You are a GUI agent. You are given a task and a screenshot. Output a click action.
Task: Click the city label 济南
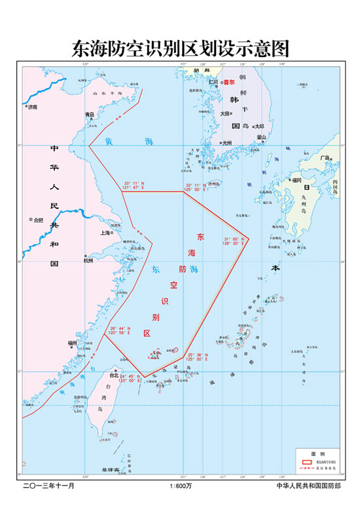[33, 106]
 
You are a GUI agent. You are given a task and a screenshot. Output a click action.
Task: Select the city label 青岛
[90, 114]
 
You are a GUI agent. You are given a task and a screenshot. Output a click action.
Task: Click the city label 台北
[115, 375]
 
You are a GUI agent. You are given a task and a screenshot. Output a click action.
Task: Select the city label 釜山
[262, 137]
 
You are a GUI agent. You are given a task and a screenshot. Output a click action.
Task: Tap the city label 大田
[225, 113]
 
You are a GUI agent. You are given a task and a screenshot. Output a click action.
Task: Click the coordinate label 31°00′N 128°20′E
[234, 241]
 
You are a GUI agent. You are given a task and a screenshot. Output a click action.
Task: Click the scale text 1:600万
[180, 486]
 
